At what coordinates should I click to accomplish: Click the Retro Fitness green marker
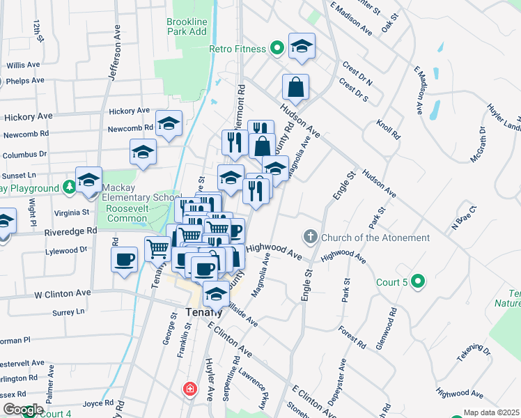click(277, 49)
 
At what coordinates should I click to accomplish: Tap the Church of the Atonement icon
click(311, 238)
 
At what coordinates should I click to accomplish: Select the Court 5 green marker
click(417, 282)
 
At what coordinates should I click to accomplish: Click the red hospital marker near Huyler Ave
click(189, 389)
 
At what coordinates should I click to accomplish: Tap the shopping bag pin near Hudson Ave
click(296, 88)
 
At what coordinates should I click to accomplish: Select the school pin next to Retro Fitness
click(302, 46)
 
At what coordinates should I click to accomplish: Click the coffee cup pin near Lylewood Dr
click(125, 259)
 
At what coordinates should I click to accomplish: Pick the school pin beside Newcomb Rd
click(169, 123)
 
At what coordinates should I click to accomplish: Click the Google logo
click(22, 410)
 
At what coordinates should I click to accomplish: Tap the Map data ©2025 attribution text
click(491, 412)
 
